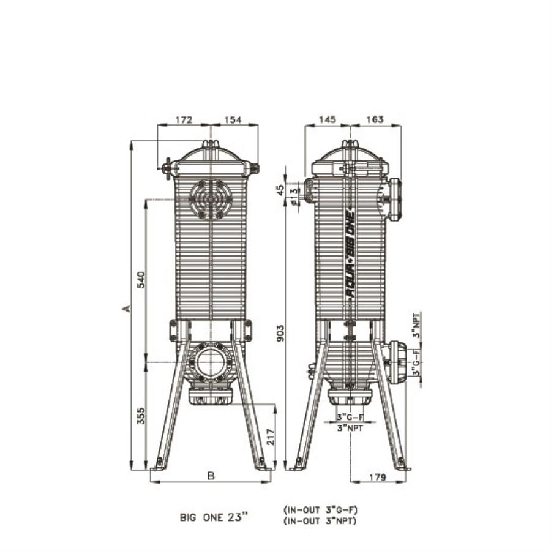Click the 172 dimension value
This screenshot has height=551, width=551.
pos(184,120)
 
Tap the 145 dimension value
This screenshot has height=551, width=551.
pos(328,119)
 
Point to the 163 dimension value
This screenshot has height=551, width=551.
pos(374,119)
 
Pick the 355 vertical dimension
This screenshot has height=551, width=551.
pos(140,416)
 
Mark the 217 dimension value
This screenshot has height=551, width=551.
pos(270,437)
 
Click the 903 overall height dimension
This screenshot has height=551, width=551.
pos(281,332)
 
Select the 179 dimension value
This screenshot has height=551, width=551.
pos(378,478)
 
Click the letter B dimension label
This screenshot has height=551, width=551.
pos(210,476)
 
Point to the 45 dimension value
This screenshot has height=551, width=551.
pos(281,190)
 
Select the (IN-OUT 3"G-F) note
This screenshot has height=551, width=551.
pos(320,509)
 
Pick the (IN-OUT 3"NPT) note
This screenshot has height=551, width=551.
pos(320,521)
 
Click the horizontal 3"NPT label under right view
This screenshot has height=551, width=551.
pos(350,429)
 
